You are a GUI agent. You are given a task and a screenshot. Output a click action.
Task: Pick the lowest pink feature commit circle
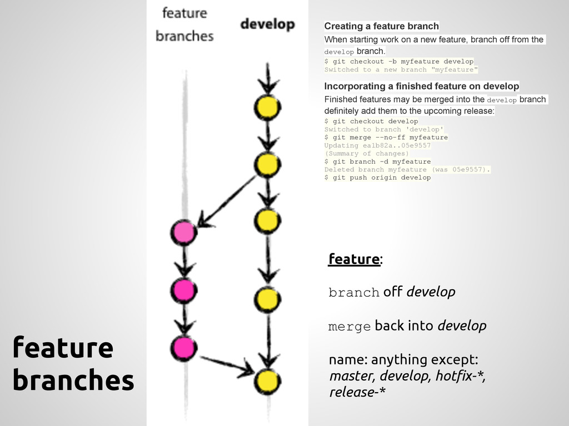coord(183,347)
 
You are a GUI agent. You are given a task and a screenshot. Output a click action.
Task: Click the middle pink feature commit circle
coord(183,289)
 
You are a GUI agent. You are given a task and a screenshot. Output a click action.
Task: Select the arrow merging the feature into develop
coord(225,363)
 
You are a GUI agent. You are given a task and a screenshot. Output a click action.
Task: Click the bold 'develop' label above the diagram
coord(267,25)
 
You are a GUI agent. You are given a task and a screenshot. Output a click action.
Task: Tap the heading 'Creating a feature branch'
coord(381,26)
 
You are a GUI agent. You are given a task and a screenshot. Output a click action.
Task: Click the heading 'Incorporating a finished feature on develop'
coord(421,86)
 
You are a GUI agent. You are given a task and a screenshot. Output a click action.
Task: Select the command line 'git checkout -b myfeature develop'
coord(399,62)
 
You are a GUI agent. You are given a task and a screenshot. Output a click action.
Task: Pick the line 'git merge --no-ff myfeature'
coord(386,138)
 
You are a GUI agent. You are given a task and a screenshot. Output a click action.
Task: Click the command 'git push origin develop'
coord(377,177)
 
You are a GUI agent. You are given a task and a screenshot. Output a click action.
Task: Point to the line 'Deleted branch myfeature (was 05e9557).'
coord(407,170)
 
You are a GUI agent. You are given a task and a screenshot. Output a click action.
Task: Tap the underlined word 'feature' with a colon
coord(354,260)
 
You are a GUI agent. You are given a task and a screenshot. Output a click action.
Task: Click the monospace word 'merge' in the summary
coord(349,327)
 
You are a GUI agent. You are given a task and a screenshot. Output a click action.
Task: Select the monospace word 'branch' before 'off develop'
coord(353,293)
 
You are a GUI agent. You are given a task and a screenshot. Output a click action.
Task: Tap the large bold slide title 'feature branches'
coord(73,364)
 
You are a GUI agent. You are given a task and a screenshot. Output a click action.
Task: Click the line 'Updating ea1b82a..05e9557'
coord(377,146)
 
